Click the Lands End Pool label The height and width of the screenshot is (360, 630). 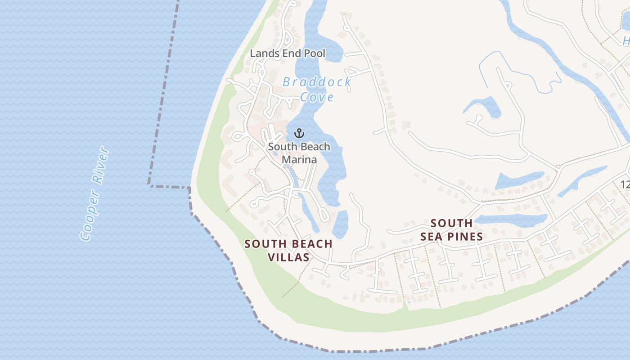288,53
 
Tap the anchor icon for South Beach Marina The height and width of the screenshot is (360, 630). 299,133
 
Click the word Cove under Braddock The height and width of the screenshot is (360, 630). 317,97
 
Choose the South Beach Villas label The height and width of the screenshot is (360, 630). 288,250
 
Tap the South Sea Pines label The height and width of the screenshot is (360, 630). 451,229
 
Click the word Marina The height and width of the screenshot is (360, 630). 299,159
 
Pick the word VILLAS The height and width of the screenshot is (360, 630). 288,257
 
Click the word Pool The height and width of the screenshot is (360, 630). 314,53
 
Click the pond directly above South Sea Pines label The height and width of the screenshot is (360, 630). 511,220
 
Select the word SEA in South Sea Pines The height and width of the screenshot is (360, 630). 431,237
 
